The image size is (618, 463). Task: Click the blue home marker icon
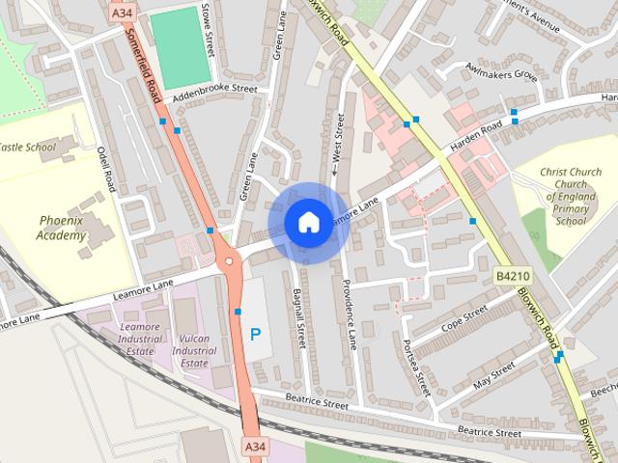[x=307, y=221]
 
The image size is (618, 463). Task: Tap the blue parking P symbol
[x=255, y=335]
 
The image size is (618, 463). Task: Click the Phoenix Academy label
[x=62, y=228]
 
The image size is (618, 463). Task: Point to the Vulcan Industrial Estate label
[x=194, y=351]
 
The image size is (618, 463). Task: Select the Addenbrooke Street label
[x=215, y=94]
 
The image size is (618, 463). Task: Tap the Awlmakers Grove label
[x=499, y=73]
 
